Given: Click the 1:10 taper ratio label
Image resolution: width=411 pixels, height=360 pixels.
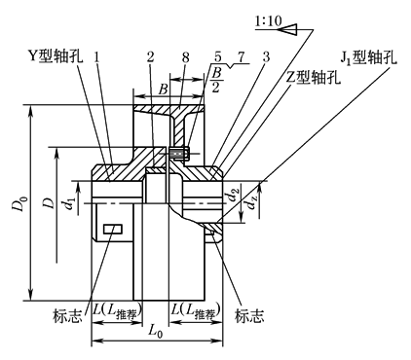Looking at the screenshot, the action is (x=269, y=21).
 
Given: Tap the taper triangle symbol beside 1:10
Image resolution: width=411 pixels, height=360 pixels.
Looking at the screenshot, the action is (x=287, y=29).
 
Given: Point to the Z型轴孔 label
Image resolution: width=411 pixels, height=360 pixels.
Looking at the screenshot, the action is (x=314, y=78).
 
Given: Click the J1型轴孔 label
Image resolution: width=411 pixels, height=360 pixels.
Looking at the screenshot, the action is (x=368, y=57).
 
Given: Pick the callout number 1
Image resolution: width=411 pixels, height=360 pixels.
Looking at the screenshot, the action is (x=96, y=57).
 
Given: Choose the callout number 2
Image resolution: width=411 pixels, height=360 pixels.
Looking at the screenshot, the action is (x=150, y=57).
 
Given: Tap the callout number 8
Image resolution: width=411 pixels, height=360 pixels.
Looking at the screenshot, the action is (x=185, y=57).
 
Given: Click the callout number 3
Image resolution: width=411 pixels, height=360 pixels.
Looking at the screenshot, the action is (x=266, y=57).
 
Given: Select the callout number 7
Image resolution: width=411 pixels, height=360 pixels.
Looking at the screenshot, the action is (x=241, y=57).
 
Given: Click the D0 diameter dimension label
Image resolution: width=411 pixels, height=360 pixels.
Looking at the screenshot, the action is (x=19, y=203).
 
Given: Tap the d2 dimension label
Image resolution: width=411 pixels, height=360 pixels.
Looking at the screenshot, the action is (x=233, y=196).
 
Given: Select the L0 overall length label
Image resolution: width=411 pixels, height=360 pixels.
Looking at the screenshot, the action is (x=155, y=331).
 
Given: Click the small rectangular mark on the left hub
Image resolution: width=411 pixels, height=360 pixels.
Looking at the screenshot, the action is (x=113, y=230).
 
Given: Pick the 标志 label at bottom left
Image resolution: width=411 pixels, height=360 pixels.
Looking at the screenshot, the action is (x=67, y=315).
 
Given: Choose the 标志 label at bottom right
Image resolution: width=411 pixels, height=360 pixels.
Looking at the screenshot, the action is (x=249, y=315).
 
